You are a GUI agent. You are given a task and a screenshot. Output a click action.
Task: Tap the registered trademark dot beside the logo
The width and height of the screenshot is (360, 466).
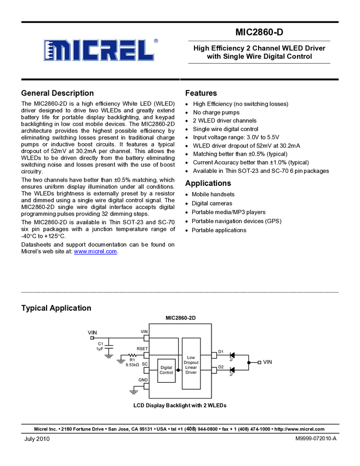pyautogui.click(x=156, y=40)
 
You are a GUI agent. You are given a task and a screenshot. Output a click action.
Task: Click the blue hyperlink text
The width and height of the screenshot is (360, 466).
pyautogui.click(x=95, y=252)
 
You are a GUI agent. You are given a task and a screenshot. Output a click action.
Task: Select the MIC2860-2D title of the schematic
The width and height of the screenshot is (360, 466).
pyautogui.click(x=180, y=318)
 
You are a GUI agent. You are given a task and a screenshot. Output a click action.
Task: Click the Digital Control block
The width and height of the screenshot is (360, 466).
pyautogui.click(x=166, y=370)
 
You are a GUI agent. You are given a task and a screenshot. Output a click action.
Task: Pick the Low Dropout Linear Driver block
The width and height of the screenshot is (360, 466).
pyautogui.click(x=191, y=365)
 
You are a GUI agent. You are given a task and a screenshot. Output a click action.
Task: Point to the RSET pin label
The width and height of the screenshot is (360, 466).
pyautogui.click(x=142, y=349)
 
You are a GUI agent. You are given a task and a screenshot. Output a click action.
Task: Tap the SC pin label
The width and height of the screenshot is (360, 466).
pyautogui.click(x=145, y=364)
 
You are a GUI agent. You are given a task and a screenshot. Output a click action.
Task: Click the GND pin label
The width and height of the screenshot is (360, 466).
pyautogui.click(x=143, y=380)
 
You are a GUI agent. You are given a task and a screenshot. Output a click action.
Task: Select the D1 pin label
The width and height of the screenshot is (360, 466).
pyautogui.click(x=221, y=351)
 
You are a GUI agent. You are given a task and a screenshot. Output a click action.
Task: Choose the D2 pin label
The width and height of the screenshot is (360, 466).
pyautogui.click(x=221, y=367)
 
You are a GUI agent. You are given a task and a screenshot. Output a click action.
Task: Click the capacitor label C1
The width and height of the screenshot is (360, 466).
pyautogui.click(x=100, y=344)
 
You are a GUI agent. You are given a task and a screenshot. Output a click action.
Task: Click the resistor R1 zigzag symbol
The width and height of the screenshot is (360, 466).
pyautogui.click(x=133, y=355)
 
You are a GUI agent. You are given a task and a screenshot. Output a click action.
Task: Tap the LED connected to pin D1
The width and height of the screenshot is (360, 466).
pyautogui.click(x=232, y=355)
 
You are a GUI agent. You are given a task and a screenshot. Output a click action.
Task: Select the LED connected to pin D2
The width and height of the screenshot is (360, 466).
pyautogui.click(x=232, y=370)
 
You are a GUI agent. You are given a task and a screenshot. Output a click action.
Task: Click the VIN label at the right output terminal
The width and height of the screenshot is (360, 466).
pyautogui.click(x=267, y=362)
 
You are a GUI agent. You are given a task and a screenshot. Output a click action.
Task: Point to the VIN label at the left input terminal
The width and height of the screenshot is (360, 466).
pyautogui.click(x=92, y=332)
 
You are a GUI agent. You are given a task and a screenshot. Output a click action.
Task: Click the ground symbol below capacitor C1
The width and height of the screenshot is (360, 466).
pyautogui.click(x=108, y=356)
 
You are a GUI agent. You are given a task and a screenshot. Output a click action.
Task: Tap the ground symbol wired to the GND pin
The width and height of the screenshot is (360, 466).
pyautogui.click(x=133, y=391)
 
